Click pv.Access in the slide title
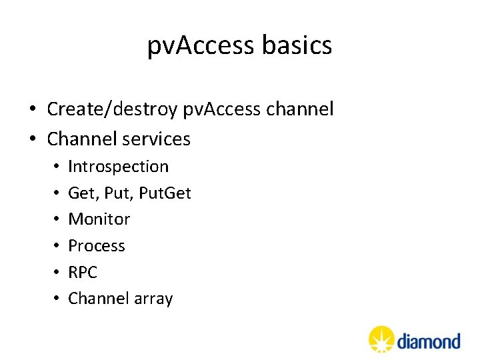tap(201, 46)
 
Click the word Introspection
tap(119, 166)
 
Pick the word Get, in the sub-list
tap(83, 193)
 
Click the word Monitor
tap(99, 219)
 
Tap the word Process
tap(97, 245)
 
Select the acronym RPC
tap(83, 272)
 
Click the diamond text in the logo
tap(429, 341)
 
